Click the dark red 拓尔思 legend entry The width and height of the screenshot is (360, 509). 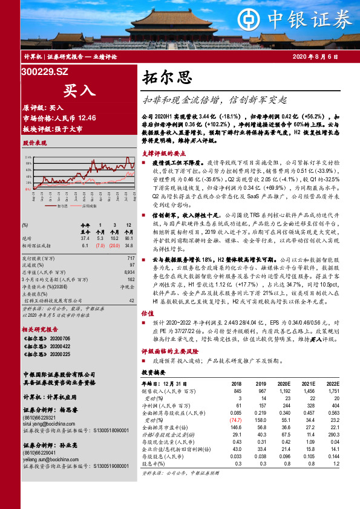tap(60, 206)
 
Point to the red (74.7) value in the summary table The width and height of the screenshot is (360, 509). tap(235, 420)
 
